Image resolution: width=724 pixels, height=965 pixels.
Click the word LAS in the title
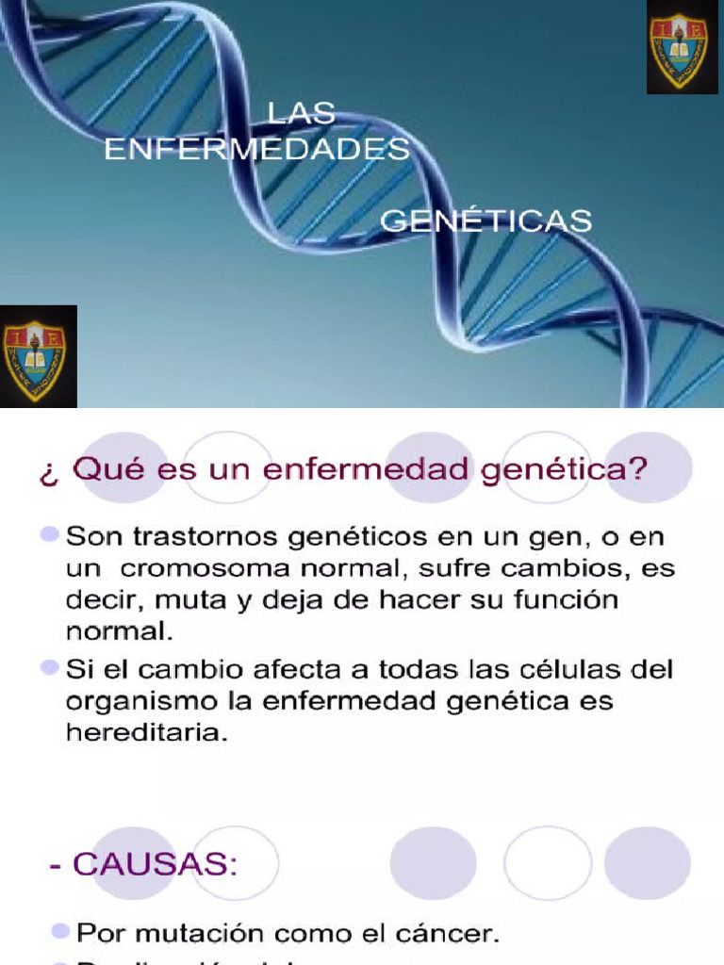(301, 113)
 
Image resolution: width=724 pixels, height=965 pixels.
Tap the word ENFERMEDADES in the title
(256, 149)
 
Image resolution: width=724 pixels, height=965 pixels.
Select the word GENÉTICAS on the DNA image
(485, 221)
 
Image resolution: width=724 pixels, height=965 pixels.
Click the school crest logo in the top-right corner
(682, 49)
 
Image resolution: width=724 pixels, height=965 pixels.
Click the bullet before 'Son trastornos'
(49, 535)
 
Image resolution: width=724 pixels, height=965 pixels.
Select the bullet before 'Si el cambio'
(49, 667)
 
